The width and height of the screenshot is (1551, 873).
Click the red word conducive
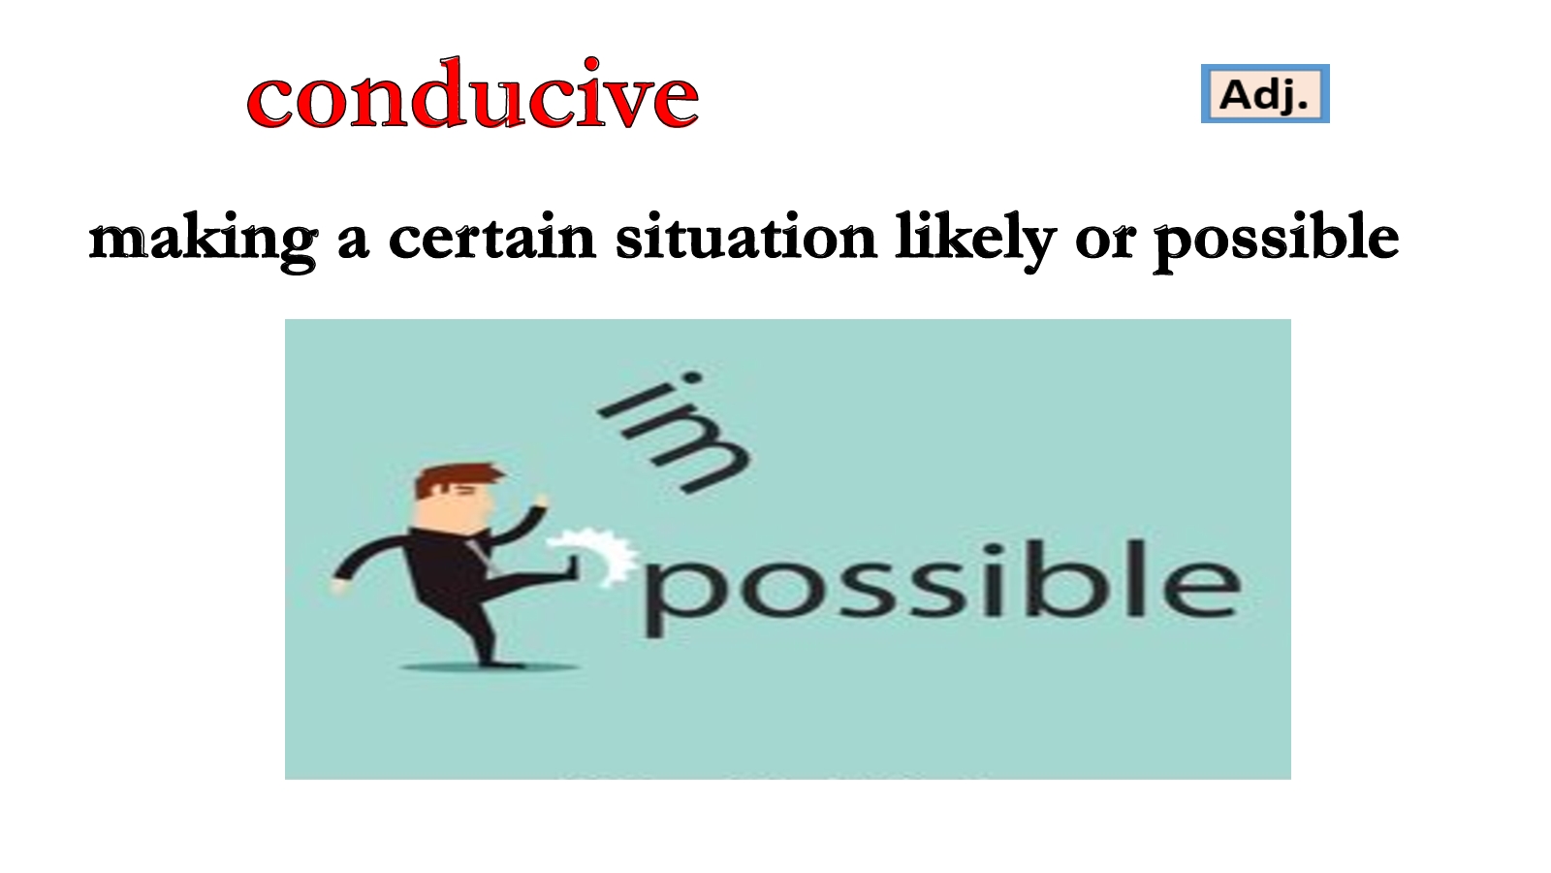tap(473, 93)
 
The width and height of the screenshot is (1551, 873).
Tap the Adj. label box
tap(1265, 93)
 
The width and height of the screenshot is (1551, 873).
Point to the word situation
tap(746, 237)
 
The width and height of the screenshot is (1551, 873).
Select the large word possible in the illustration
tap(942, 586)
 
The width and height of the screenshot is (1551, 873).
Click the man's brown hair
tap(456, 478)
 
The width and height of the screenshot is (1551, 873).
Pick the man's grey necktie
tap(482, 554)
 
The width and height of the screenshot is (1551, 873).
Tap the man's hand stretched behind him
tap(338, 586)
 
